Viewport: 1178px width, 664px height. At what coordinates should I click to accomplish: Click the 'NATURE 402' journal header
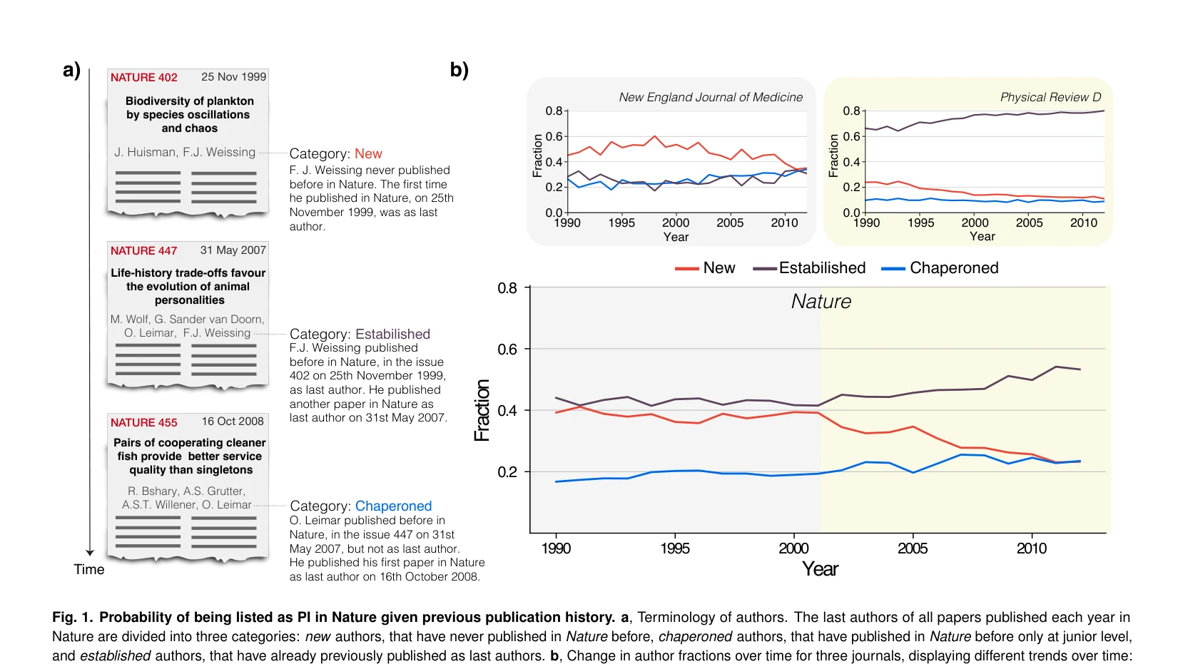(143, 77)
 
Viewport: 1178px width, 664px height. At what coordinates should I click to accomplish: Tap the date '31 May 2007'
(233, 250)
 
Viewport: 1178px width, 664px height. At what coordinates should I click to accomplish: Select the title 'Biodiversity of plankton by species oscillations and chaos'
(189, 115)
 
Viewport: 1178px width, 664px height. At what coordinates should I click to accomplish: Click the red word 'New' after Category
(368, 153)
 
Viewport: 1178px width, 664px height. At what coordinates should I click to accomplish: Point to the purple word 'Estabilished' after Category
(393, 334)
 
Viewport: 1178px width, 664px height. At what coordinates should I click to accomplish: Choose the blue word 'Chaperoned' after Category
(393, 506)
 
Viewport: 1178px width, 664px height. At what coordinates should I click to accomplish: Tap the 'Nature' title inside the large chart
(821, 301)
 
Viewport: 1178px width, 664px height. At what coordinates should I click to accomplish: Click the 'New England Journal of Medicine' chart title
(711, 97)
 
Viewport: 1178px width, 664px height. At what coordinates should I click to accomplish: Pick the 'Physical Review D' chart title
(1050, 97)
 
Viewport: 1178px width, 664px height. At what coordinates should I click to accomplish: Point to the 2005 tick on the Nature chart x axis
(913, 548)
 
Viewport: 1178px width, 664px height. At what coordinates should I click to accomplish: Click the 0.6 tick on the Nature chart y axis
(507, 349)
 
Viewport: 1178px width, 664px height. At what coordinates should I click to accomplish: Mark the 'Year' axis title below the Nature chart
(819, 569)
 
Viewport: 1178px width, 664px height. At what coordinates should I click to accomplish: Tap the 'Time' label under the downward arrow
(89, 569)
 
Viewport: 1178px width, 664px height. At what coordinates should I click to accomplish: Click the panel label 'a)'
(71, 70)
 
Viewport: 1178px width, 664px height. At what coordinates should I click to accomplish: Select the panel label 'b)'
(459, 70)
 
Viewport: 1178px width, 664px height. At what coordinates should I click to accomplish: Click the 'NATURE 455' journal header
(143, 423)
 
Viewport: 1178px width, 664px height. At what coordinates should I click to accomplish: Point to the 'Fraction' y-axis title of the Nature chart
(482, 410)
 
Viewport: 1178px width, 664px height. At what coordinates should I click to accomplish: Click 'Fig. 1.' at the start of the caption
(72, 617)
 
